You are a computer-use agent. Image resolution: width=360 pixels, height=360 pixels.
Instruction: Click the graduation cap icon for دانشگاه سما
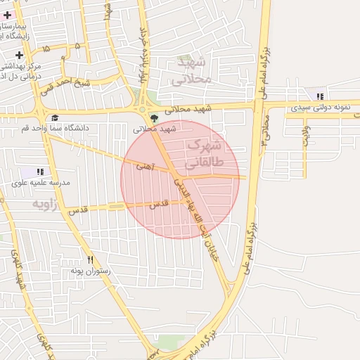tap(55, 117)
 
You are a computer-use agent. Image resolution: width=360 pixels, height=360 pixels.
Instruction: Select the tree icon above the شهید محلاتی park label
tap(154, 117)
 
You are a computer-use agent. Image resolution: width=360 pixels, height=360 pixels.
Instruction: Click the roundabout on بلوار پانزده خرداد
tap(148, 110)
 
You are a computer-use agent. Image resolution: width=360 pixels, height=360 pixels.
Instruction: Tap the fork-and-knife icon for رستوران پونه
tap(90, 259)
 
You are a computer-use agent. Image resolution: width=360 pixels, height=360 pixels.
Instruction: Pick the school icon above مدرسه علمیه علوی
tap(40, 172)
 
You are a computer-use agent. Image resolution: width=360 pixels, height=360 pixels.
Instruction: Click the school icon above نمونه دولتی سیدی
tap(321, 96)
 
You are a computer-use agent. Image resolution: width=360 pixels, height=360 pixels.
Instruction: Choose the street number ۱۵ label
tap(46, 50)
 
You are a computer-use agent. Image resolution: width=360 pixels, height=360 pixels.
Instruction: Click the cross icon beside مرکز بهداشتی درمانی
tap(19, 55)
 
